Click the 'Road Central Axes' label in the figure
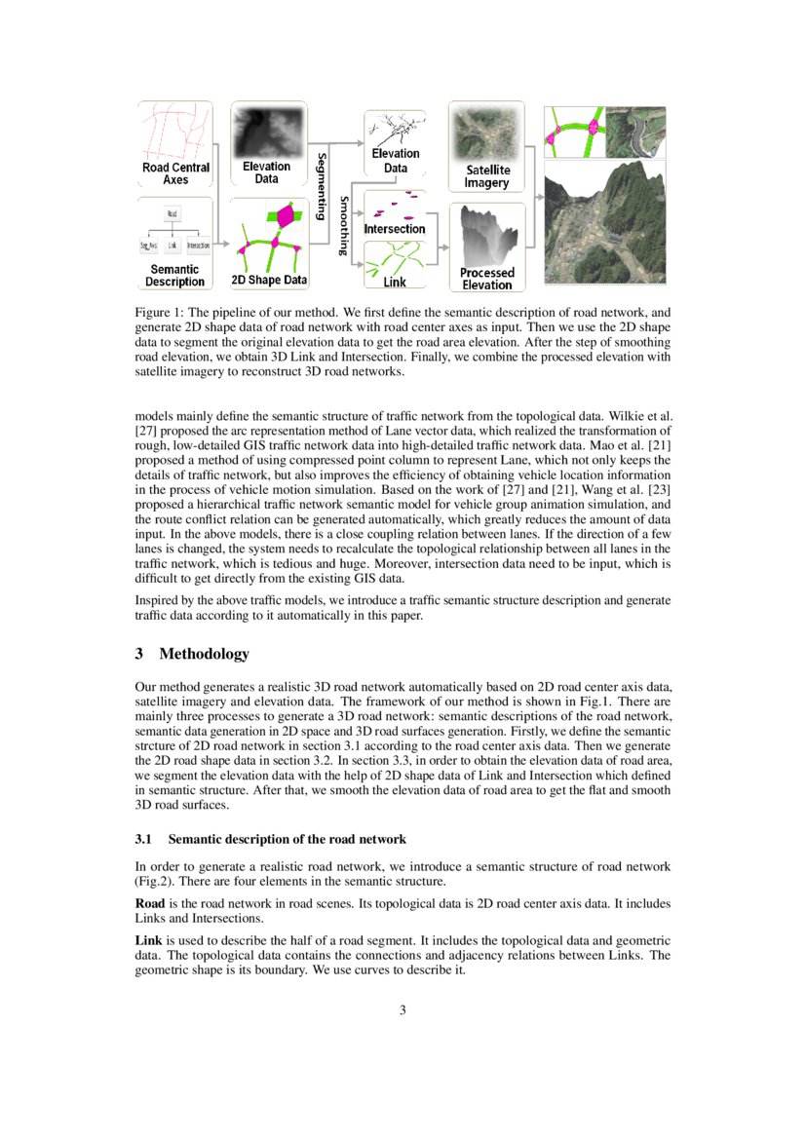tap(175, 173)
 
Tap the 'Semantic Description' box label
tap(175, 275)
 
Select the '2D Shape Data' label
tap(269, 281)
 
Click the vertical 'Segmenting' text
tap(321, 185)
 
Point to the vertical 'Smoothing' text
tap(343, 225)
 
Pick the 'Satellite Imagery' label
tap(487, 176)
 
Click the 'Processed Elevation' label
tap(487, 279)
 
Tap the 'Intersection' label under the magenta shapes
tap(395, 229)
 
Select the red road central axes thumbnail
tap(175, 131)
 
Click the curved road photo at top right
tap(633, 131)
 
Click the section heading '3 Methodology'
tap(192, 653)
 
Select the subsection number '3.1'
tap(143, 839)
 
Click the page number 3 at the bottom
tap(403, 1009)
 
